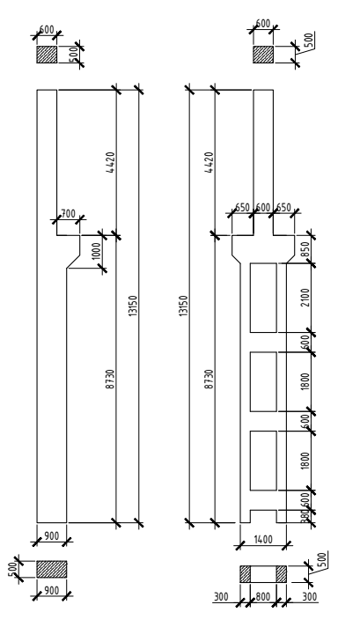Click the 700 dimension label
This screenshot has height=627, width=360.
click(x=69, y=214)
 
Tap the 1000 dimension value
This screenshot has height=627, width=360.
click(x=97, y=251)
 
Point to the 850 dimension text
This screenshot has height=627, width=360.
click(x=305, y=250)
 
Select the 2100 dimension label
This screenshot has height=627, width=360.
click(x=305, y=298)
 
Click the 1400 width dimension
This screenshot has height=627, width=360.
click(x=263, y=540)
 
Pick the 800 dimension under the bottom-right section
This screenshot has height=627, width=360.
click(x=262, y=597)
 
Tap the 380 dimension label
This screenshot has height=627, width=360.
click(x=305, y=517)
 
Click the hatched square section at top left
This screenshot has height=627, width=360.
click(x=47, y=54)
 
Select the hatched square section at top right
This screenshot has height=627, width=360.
click(x=263, y=54)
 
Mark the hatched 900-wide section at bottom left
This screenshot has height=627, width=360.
click(x=52, y=569)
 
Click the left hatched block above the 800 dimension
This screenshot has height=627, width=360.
click(x=245, y=574)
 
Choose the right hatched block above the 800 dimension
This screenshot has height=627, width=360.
click(x=282, y=574)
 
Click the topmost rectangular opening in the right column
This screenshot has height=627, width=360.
click(x=263, y=298)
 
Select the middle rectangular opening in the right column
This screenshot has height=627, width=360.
click(x=263, y=381)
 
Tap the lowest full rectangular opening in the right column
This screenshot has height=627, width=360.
click(x=263, y=461)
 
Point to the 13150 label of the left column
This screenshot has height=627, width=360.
click(x=133, y=306)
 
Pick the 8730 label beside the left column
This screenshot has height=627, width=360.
click(x=111, y=379)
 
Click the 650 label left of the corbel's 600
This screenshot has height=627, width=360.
click(x=242, y=208)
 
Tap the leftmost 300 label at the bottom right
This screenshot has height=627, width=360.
click(x=221, y=597)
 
